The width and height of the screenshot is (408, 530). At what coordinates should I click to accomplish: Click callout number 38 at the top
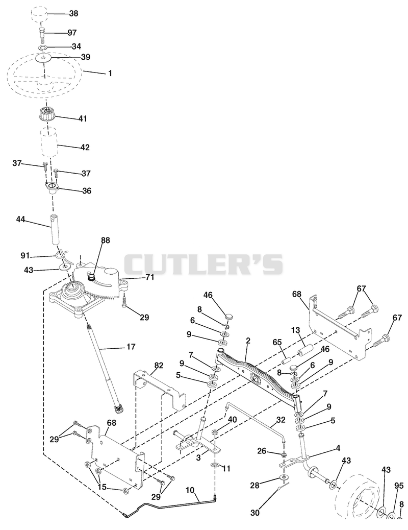[x=73, y=13]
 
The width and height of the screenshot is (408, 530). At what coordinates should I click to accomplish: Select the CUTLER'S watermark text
[x=203, y=264]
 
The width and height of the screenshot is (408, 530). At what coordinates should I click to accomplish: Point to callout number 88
[x=106, y=240]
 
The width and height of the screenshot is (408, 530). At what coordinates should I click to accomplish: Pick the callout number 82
[x=159, y=366]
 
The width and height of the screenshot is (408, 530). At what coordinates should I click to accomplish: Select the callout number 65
[x=277, y=342]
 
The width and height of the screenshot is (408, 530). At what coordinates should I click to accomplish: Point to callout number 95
[x=399, y=486]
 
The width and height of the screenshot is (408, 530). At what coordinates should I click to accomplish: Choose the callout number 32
[x=280, y=420]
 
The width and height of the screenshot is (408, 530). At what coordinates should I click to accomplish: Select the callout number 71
[x=149, y=277]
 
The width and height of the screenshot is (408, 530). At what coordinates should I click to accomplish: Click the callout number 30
[x=256, y=513]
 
